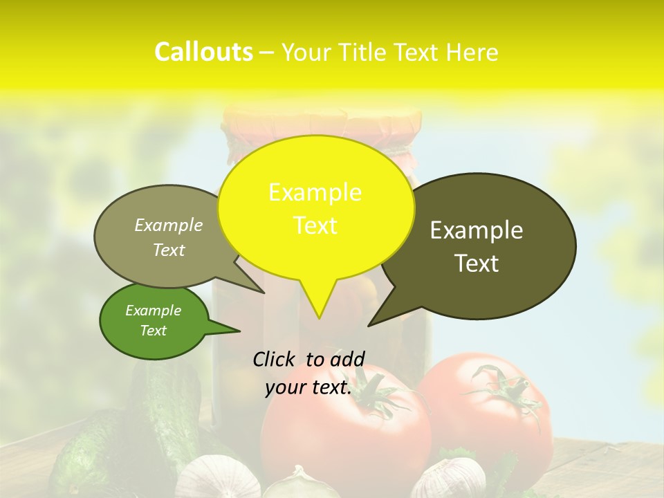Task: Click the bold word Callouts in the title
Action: pyautogui.click(x=203, y=52)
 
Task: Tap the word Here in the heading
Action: pyautogui.click(x=472, y=53)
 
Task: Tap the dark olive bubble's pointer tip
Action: pyautogui.click(x=371, y=324)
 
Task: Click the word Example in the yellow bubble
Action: pyautogui.click(x=315, y=192)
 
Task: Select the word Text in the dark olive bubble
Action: pyautogui.click(x=477, y=264)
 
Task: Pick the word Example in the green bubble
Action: pyautogui.click(x=153, y=311)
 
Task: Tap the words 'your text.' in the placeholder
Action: pyautogui.click(x=308, y=387)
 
